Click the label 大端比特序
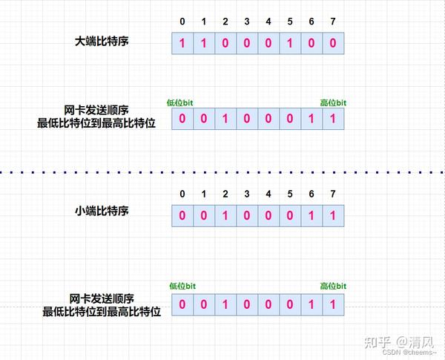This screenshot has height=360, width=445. coord(102,42)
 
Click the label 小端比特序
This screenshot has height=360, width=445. coord(102,211)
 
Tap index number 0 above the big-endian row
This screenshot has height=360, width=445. coord(182,22)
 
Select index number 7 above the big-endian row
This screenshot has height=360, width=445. coord(333,22)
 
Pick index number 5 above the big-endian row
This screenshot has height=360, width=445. coord(290,22)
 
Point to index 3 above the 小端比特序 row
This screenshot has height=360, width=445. coord(247,194)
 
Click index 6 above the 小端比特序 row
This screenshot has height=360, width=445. coord(311,194)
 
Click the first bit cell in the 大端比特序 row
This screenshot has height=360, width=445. coord(182,43)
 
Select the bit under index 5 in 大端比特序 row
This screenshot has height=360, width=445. coord(290,43)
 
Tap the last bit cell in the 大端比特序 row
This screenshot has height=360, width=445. coord(333,43)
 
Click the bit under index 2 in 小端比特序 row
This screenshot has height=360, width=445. coord(225,216)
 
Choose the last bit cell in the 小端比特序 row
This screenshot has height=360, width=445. coord(333,216)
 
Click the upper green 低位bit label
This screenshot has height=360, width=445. coord(180,102)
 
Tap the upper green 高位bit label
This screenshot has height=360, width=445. coord(333,102)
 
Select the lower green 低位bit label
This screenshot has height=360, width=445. coord(182,286)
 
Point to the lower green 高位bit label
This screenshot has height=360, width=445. coord(333,286)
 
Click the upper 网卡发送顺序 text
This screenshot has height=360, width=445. coord(96,111)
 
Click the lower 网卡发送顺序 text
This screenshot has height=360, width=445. coord(102,299)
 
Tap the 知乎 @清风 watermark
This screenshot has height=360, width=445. coord(399,342)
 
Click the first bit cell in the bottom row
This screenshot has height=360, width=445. coord(182,304)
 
